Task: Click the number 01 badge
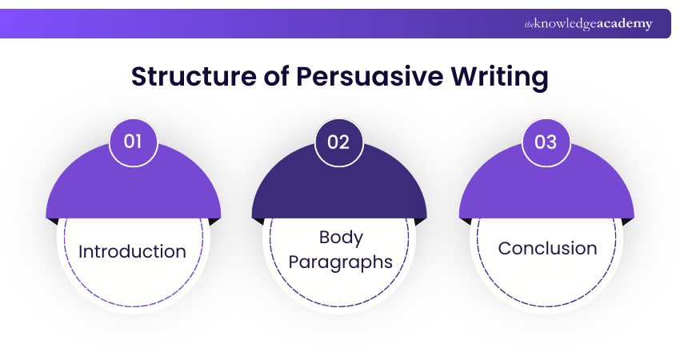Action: pyautogui.click(x=133, y=142)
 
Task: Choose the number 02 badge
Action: pyautogui.click(x=339, y=142)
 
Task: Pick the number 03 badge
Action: pyautogui.click(x=546, y=142)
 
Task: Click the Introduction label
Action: pyautogui.click(x=132, y=251)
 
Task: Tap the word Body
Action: pyautogui.click(x=340, y=238)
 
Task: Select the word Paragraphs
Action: pyautogui.click(x=340, y=262)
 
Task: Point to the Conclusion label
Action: pyautogui.click(x=547, y=248)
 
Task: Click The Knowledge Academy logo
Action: pyautogui.click(x=588, y=24)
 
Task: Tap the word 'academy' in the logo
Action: pyautogui.click(x=624, y=24)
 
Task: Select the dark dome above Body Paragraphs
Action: pyautogui.click(x=339, y=188)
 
